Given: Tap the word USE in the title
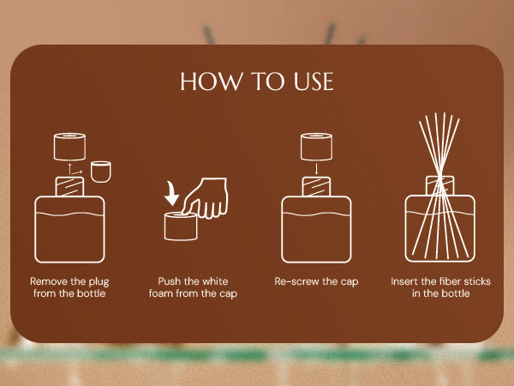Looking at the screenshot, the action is [314, 81].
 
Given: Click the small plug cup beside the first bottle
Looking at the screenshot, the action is [100, 172].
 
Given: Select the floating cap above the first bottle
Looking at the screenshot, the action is [69, 147].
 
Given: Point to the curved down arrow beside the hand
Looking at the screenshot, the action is [171, 194].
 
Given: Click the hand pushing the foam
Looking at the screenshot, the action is [206, 197].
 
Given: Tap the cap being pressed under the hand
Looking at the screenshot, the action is [181, 226].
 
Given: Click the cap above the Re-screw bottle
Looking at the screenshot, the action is [316, 147].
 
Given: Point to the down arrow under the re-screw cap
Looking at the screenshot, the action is [316, 168].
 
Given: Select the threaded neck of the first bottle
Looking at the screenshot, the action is [69, 186].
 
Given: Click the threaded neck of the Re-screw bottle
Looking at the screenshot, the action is [316, 186].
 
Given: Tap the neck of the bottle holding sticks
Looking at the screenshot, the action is [440, 185].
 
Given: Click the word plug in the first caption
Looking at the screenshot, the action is [99, 282].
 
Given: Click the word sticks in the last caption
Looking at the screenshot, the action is [478, 281].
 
